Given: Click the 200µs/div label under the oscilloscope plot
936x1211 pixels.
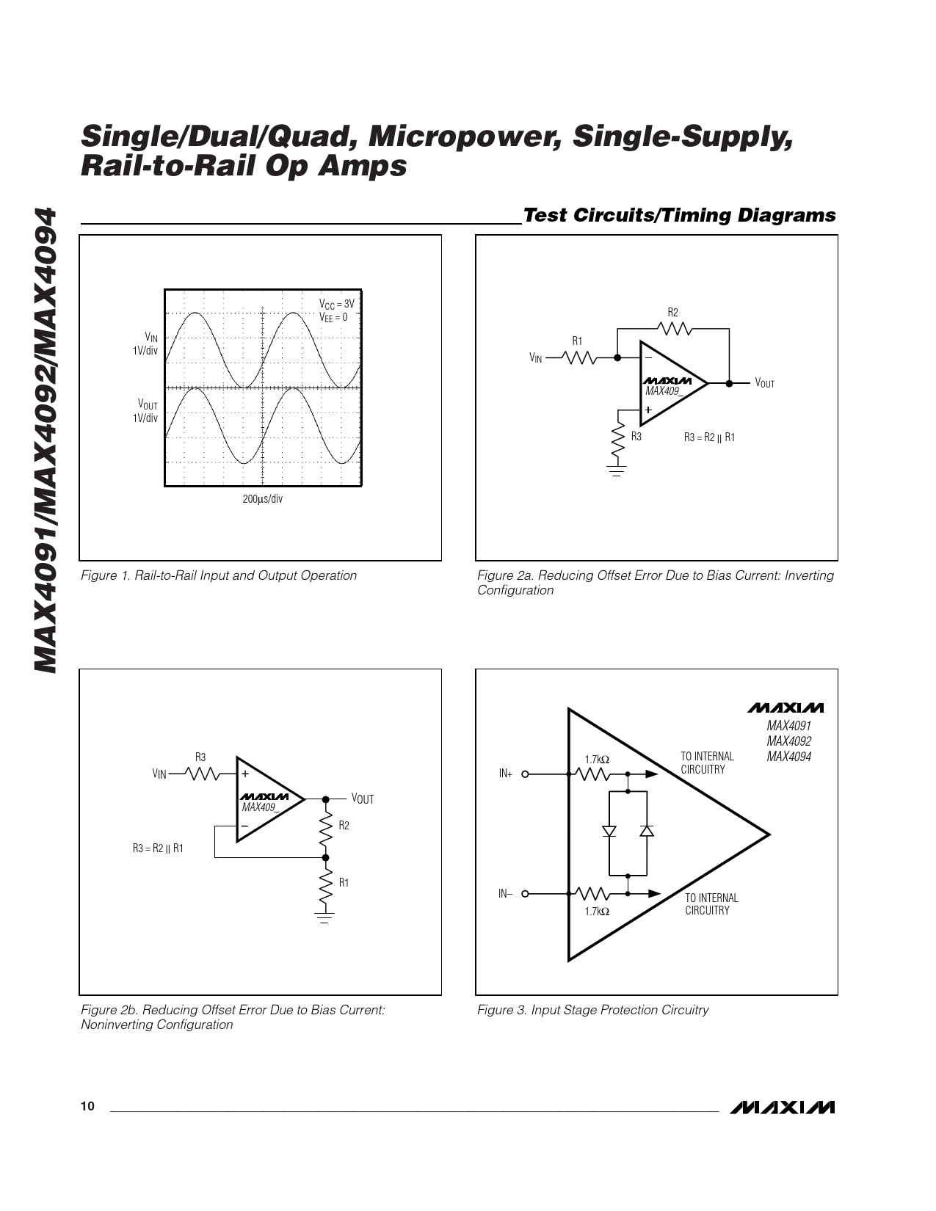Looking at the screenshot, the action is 262,499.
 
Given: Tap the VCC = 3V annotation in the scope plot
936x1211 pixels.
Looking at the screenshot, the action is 336,304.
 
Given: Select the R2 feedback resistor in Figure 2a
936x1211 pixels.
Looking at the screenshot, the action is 674,329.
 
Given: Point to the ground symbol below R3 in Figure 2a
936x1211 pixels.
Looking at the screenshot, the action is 617,471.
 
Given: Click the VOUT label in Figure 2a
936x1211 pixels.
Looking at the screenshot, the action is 764,383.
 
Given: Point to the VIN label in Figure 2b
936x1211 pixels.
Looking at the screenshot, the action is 159,774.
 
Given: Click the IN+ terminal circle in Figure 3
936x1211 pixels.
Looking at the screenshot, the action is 525,774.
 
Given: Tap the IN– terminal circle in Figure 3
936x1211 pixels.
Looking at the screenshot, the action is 525,894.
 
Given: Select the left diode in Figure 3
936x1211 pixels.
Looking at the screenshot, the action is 609,832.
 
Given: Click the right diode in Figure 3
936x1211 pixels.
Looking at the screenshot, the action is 647,832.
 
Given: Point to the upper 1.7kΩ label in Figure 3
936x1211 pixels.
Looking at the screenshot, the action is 597,760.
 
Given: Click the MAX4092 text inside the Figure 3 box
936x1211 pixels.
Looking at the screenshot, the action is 789,741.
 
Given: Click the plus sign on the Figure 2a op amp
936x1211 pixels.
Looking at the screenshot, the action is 648,410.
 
